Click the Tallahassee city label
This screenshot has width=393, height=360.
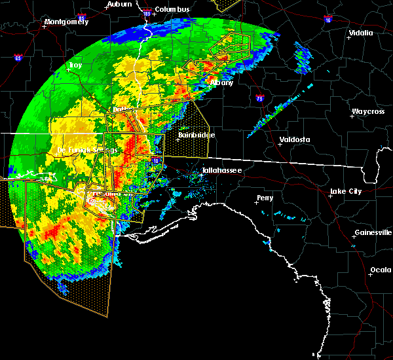221,170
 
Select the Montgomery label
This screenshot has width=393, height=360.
65,22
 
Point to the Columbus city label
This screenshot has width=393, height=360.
173,9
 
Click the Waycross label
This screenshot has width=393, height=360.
366,112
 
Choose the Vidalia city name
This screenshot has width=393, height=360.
360,33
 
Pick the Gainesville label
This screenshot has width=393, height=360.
373,232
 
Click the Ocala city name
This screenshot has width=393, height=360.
380,270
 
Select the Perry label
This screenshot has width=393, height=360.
265,197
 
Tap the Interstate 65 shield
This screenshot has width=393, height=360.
18,58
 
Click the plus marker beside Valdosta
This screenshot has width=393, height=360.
280,145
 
